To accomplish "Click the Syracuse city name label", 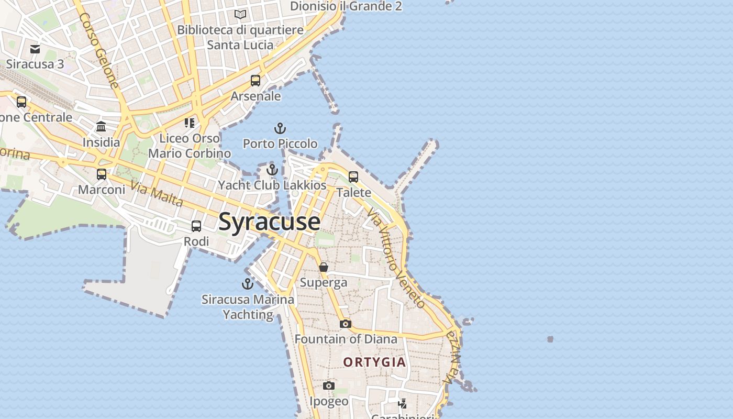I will (x=269, y=222).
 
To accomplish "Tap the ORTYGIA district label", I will (x=374, y=362).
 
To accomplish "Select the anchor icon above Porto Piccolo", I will (x=280, y=128).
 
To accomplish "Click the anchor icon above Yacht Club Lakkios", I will (x=272, y=170).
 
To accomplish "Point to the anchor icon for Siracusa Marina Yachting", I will (x=247, y=284).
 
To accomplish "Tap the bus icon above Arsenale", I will (x=256, y=81).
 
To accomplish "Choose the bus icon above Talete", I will (x=353, y=177).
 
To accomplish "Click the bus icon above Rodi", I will (x=196, y=226).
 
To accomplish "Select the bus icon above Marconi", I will (x=102, y=174).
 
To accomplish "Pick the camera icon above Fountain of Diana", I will (x=345, y=324).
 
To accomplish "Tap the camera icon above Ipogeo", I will (x=328, y=386).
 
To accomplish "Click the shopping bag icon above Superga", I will (x=324, y=267).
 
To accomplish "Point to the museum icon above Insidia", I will (x=101, y=127).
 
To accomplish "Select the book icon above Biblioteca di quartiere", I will (x=240, y=15).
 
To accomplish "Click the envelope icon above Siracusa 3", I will (x=35, y=49).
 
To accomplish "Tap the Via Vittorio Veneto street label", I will (x=396, y=258).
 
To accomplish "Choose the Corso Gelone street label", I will (x=99, y=50).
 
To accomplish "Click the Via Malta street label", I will (x=157, y=194).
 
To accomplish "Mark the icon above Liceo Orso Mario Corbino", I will (x=189, y=123).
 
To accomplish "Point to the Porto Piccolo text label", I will (x=280, y=144).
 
